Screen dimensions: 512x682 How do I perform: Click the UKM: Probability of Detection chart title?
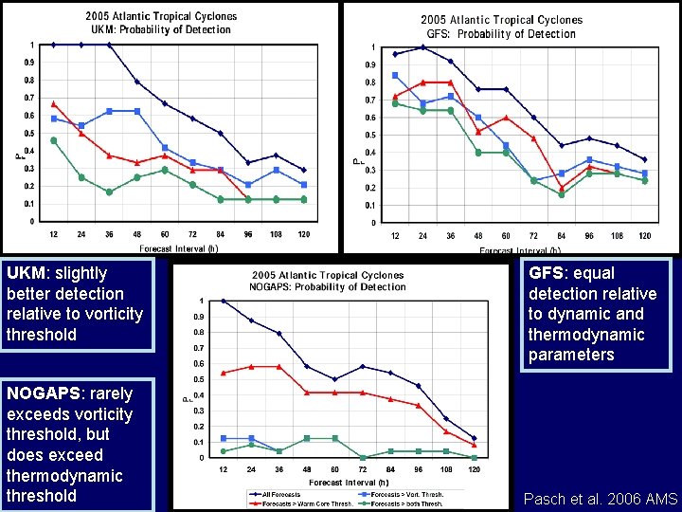[x=161, y=29]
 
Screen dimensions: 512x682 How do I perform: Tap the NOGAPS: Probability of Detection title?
[x=327, y=286]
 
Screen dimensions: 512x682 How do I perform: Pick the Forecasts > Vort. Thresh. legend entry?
[x=405, y=494]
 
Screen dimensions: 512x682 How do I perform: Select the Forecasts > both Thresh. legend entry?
[x=405, y=503]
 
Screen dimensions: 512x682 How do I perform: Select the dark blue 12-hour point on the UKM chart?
[x=54, y=45]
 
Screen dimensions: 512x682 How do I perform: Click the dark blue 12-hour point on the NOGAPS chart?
[x=224, y=302]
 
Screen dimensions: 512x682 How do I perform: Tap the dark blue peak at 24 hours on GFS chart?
[x=422, y=47]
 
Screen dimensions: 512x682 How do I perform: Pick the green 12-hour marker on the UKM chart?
[x=54, y=140]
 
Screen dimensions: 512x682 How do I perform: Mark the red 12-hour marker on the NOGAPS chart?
[x=224, y=373]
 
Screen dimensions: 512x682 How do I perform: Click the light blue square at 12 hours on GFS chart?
[x=395, y=75]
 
